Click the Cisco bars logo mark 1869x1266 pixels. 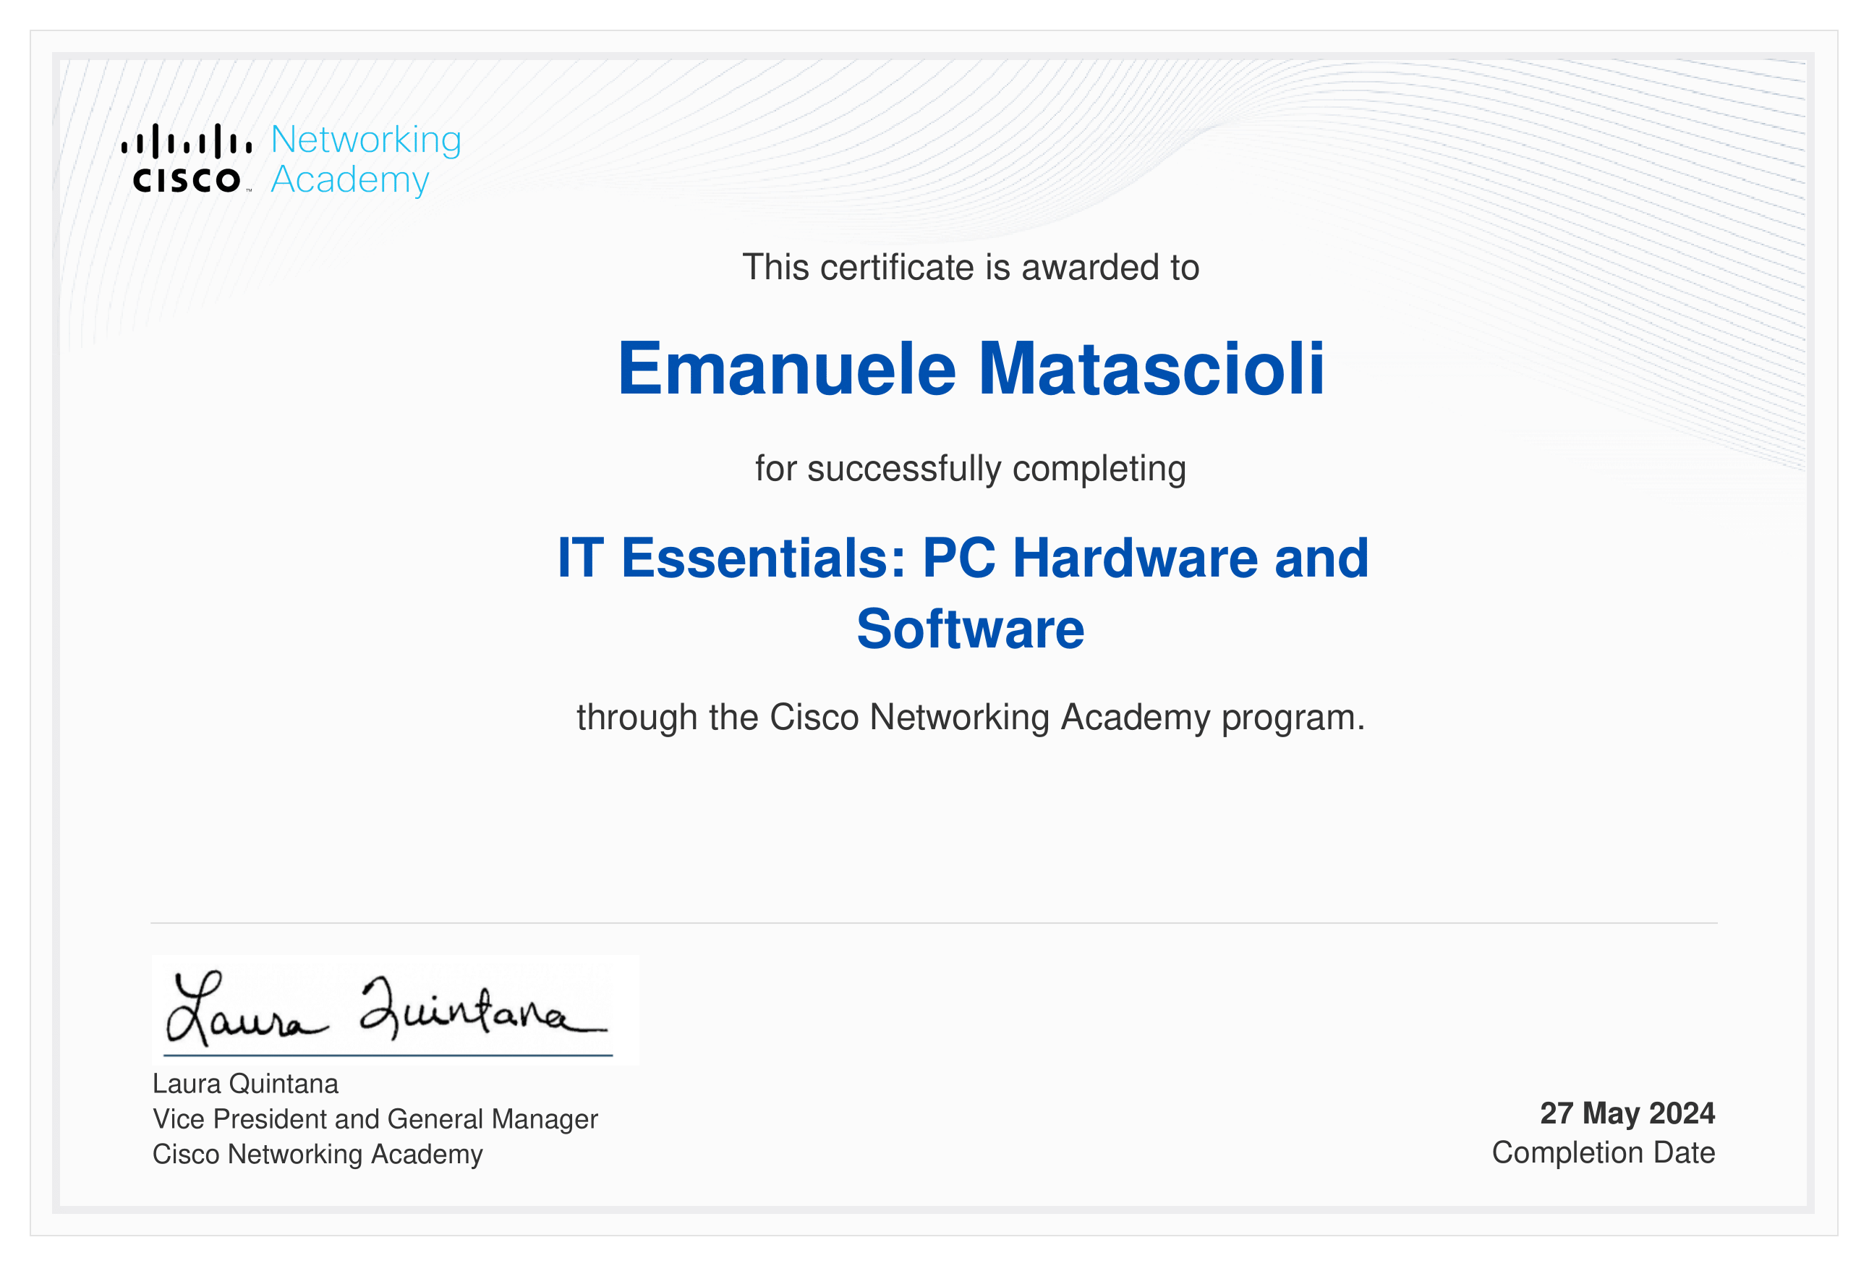click(187, 141)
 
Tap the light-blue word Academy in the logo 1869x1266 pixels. click(350, 181)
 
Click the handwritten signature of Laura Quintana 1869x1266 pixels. click(386, 1010)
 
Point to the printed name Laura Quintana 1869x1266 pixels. click(245, 1084)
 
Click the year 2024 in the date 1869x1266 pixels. click(1682, 1113)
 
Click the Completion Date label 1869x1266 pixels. click(1604, 1152)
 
